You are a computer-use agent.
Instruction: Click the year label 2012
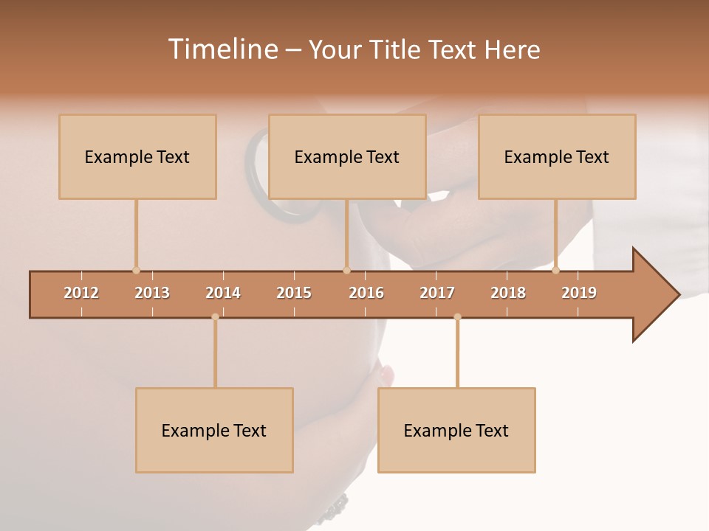[81, 293]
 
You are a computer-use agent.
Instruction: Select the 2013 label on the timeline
[152, 293]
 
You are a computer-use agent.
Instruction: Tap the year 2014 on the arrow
[223, 293]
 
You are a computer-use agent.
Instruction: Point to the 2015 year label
[294, 293]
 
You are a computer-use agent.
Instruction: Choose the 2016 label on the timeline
[366, 293]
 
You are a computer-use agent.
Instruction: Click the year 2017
[437, 293]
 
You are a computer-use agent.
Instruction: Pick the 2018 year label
[508, 293]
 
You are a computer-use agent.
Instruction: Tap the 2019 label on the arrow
[579, 293]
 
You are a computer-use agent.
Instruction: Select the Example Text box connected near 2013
[137, 156]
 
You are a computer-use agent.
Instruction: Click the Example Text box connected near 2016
[347, 156]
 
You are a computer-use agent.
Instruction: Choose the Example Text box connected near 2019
[557, 156]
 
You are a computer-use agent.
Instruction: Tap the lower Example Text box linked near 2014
[214, 430]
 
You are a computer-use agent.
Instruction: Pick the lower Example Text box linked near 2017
[456, 430]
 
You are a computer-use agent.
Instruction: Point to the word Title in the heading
[400, 49]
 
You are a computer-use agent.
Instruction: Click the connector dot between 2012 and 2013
[136, 270]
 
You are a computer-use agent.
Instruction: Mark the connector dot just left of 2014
[215, 317]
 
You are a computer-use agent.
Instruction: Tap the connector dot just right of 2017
[457, 317]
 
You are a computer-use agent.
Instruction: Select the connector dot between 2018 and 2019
[556, 270]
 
